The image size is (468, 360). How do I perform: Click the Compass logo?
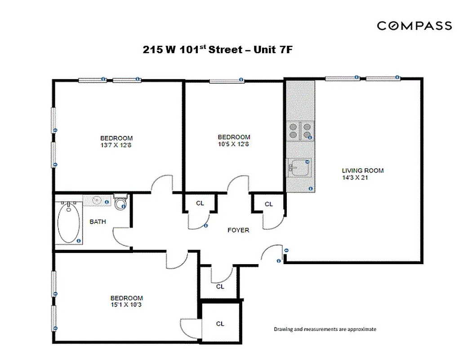414,26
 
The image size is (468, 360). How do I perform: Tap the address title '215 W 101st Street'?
193,49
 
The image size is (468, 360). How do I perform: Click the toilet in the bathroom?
120,203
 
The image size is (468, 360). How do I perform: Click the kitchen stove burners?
300,130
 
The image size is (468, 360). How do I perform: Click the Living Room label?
362,171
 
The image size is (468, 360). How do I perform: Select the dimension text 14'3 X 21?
356,177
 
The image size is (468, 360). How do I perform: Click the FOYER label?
238,230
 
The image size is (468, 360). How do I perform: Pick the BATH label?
98,221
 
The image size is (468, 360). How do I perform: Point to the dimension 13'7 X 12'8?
116,145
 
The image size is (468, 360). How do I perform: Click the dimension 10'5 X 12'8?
234,144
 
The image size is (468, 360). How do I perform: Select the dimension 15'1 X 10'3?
127,305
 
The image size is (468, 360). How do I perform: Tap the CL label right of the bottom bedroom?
220,324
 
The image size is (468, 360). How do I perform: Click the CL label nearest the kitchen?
268,204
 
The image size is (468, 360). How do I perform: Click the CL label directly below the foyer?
220,286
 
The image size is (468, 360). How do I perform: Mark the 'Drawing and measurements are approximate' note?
325,329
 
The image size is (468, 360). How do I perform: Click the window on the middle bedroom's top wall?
227,81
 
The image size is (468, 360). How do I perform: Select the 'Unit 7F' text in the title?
273,49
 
